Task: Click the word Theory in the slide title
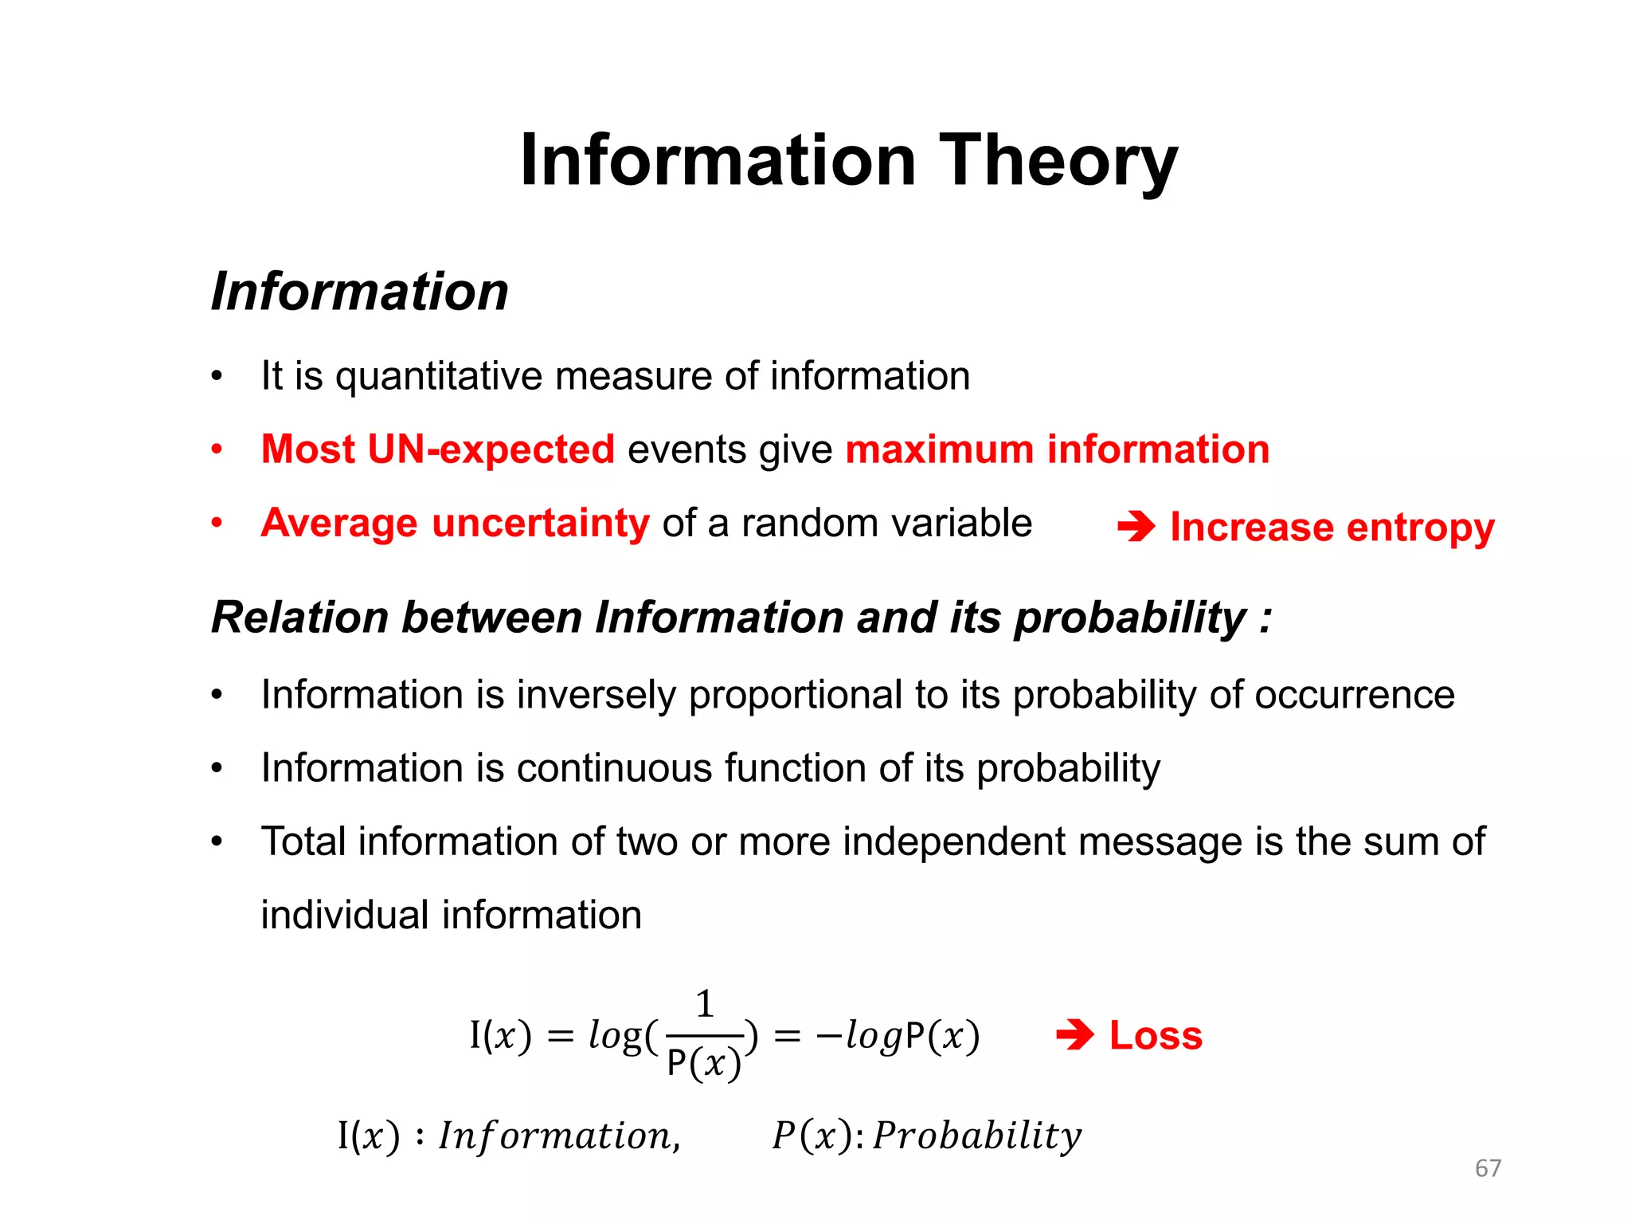1058,161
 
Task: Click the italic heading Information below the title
360,292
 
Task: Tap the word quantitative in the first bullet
439,376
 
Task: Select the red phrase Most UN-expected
438,449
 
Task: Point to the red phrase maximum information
1057,449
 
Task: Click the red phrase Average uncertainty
456,524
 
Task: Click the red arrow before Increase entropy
1136,527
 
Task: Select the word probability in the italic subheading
1129,618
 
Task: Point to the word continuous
614,768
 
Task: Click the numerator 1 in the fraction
705,1004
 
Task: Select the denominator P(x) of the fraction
704,1063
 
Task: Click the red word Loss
1156,1036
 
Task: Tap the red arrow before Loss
1074,1036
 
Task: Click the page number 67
1488,1168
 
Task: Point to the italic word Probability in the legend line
977,1136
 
